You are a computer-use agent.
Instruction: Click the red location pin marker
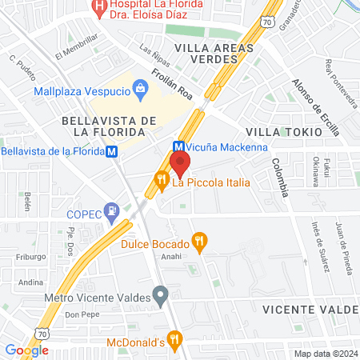(178, 163)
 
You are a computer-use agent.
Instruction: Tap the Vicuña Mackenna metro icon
(178, 146)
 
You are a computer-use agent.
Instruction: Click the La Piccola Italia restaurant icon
(162, 182)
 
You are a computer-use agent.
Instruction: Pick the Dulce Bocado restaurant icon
(200, 242)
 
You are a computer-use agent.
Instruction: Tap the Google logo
(26, 350)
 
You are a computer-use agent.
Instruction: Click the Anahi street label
(172, 258)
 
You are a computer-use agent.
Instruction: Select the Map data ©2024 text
(324, 353)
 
